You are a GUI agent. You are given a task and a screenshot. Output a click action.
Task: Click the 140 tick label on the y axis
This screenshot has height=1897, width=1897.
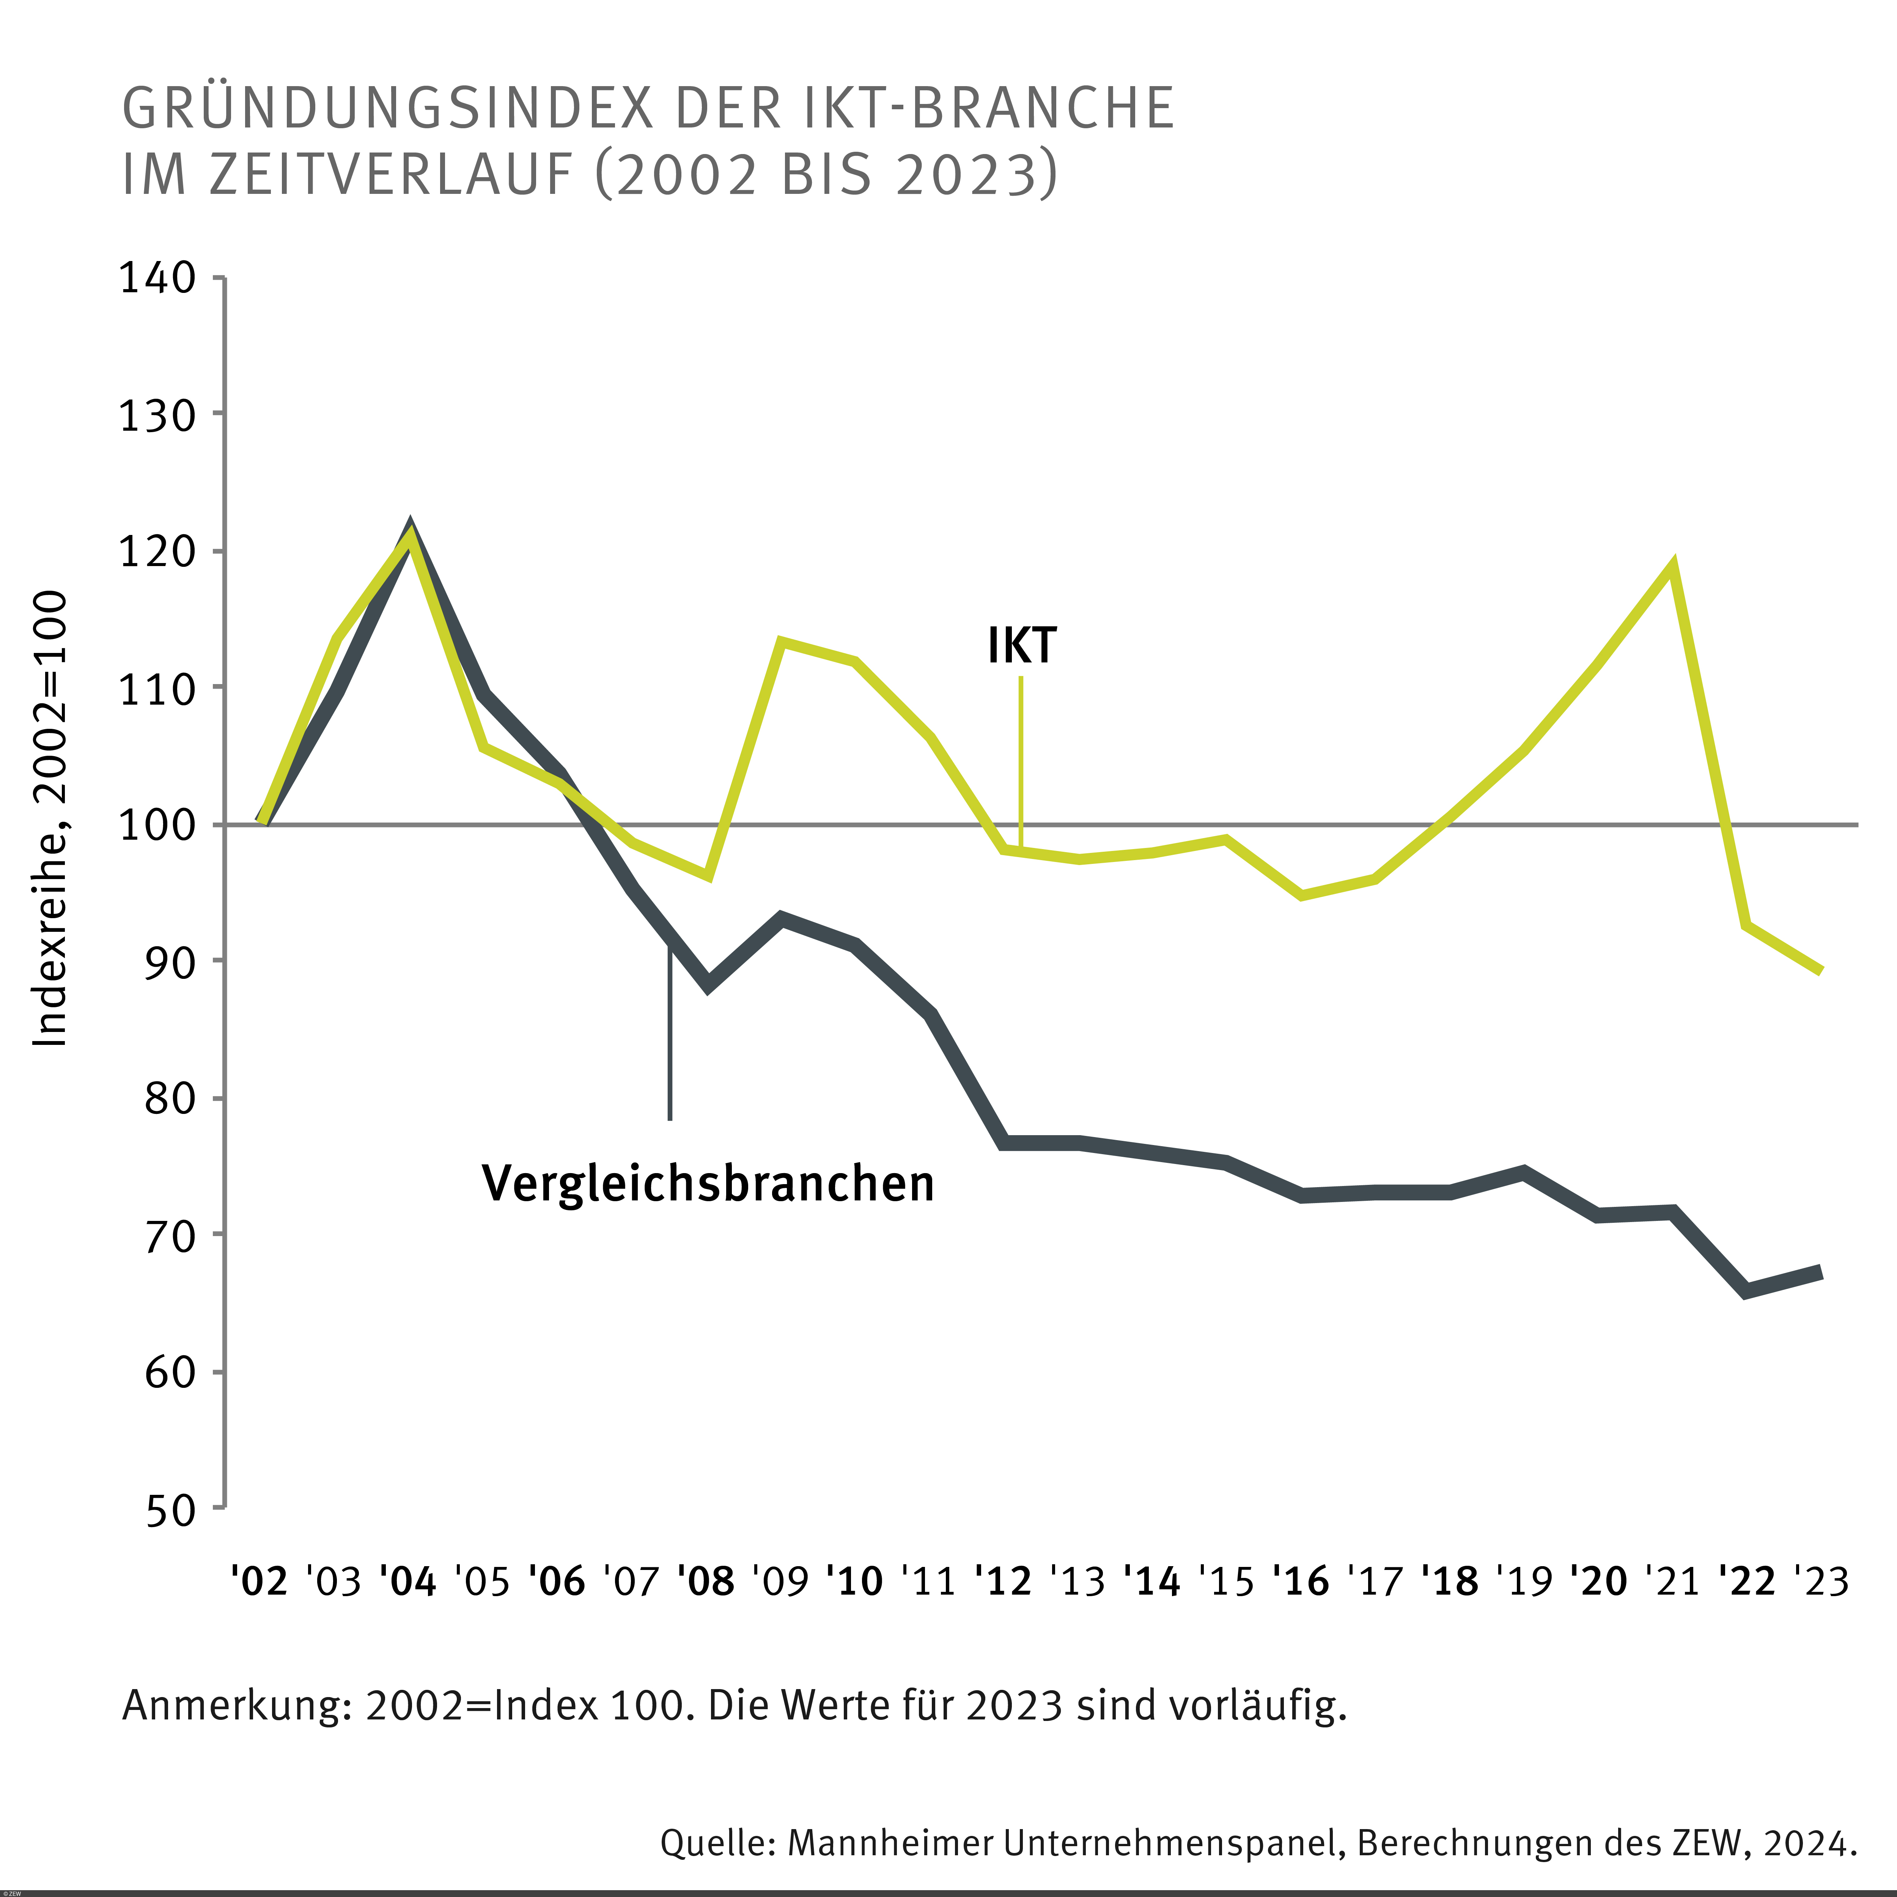point(157,278)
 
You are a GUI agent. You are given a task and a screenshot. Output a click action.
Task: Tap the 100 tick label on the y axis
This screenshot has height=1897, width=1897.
point(157,825)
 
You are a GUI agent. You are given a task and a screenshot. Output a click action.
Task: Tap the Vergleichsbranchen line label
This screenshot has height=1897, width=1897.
point(708,1183)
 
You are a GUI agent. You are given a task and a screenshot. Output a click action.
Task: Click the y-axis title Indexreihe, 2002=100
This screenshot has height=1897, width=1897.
point(51,819)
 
